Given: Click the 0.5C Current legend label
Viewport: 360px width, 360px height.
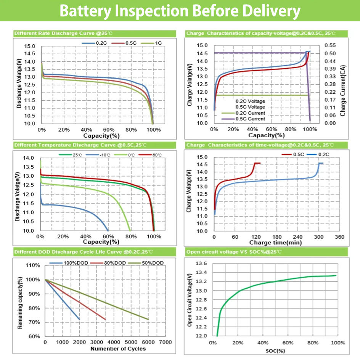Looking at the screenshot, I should (x=250, y=119).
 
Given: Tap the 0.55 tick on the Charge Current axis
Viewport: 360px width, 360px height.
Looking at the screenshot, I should (x=329, y=45).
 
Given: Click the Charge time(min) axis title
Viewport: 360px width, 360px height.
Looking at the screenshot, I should (x=275, y=243).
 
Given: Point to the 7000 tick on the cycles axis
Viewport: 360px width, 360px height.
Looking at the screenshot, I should (x=165, y=342).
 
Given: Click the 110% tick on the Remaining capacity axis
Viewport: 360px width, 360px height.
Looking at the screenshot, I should (x=34, y=265).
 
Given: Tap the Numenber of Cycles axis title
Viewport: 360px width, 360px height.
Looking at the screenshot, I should (x=118, y=349).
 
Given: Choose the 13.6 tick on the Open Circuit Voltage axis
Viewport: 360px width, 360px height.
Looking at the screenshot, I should (x=201, y=264).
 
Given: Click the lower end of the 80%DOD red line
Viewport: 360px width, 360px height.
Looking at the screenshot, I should (x=105, y=319).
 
